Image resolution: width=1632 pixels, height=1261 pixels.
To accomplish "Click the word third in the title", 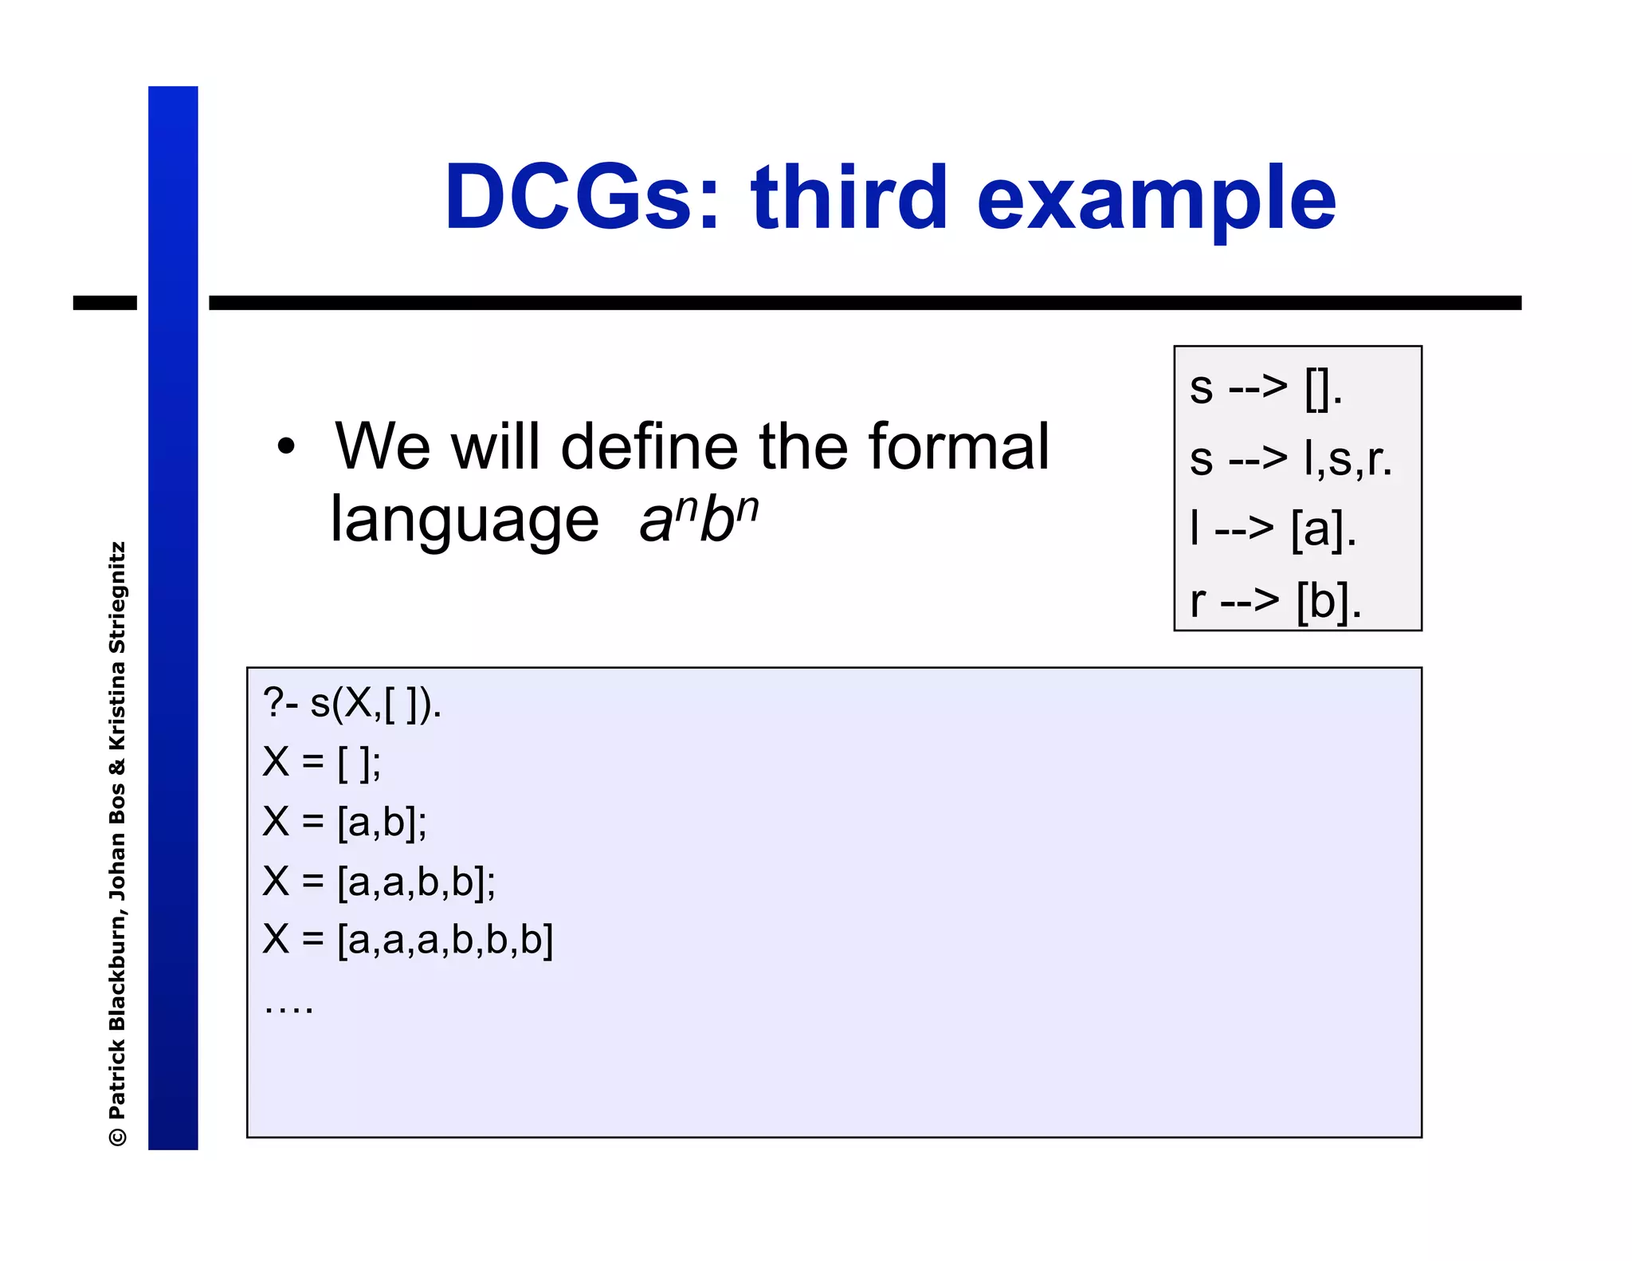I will (849, 198).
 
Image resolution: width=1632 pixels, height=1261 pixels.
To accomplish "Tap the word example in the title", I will (1155, 199).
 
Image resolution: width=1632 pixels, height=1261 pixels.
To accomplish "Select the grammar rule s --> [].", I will (1265, 389).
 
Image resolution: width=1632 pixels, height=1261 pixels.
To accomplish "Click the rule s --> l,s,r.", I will (1291, 459).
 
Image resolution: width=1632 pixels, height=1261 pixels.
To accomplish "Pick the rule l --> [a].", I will (1273, 529).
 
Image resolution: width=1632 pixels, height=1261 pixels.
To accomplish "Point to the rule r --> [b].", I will (1275, 600).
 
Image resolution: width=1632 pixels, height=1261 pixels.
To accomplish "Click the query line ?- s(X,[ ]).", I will (352, 704).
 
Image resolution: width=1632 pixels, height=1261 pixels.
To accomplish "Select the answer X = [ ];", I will (322, 763).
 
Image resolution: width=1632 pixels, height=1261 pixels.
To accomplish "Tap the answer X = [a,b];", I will (345, 822).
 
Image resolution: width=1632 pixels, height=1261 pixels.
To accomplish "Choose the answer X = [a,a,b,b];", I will (379, 882).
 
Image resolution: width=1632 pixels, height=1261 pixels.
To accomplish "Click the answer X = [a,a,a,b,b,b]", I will (408, 940).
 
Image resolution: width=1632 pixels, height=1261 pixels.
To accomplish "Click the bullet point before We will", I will (285, 447).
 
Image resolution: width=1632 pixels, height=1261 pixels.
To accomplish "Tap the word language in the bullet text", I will (465, 520).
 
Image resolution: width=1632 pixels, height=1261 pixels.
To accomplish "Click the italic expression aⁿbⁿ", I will (699, 520).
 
